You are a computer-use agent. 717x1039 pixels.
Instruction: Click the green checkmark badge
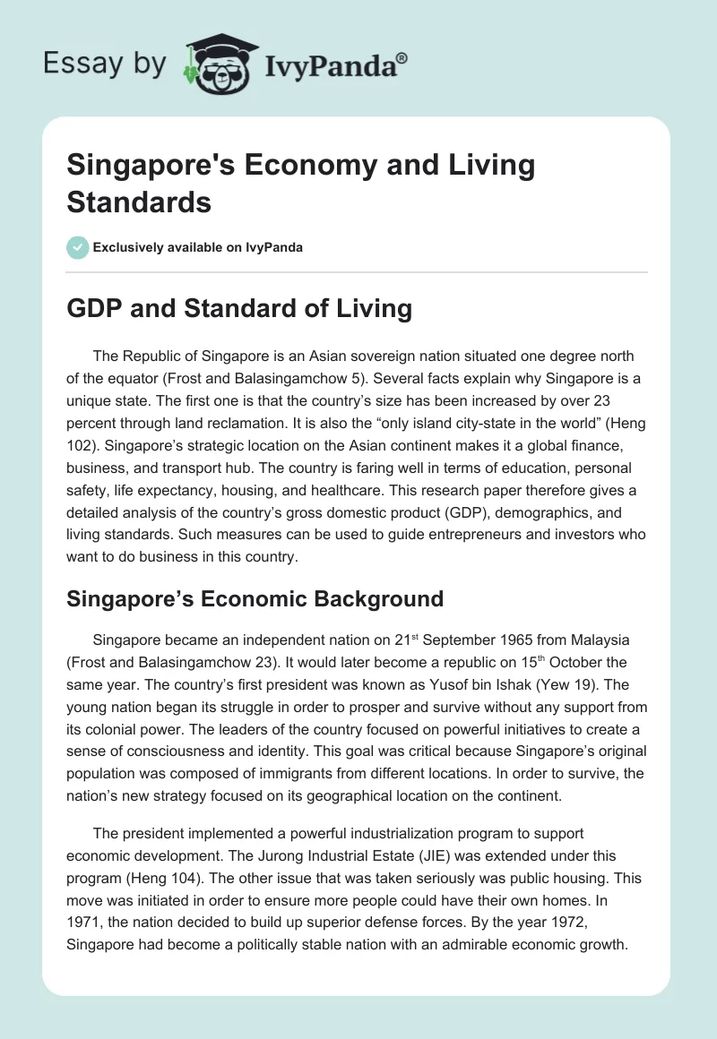point(79,247)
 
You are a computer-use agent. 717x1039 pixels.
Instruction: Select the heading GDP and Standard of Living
point(239,309)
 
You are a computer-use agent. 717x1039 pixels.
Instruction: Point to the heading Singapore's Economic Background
point(255,598)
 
